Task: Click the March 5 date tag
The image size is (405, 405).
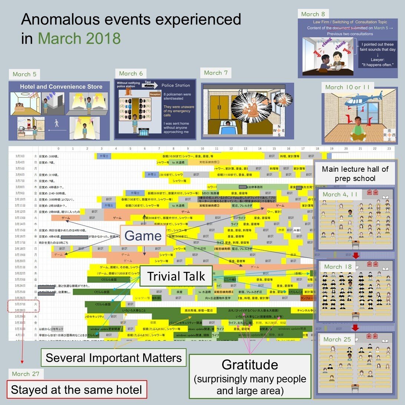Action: point(24,74)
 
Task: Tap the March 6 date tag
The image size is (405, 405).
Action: point(131,73)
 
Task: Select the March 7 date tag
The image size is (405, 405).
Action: point(215,73)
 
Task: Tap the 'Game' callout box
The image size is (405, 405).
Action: point(143,236)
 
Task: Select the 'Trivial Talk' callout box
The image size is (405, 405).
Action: point(176,276)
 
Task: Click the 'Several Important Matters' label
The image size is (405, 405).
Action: point(113,358)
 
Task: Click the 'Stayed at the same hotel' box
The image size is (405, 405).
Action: point(76,390)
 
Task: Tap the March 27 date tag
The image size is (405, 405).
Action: point(26,374)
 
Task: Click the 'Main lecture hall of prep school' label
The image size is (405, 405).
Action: point(355,174)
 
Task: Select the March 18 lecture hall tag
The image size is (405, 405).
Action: point(338,267)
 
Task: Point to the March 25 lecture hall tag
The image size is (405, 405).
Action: point(337,339)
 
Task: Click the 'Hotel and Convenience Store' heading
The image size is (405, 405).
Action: point(61,87)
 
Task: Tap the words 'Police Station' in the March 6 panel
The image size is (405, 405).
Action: point(175,85)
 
